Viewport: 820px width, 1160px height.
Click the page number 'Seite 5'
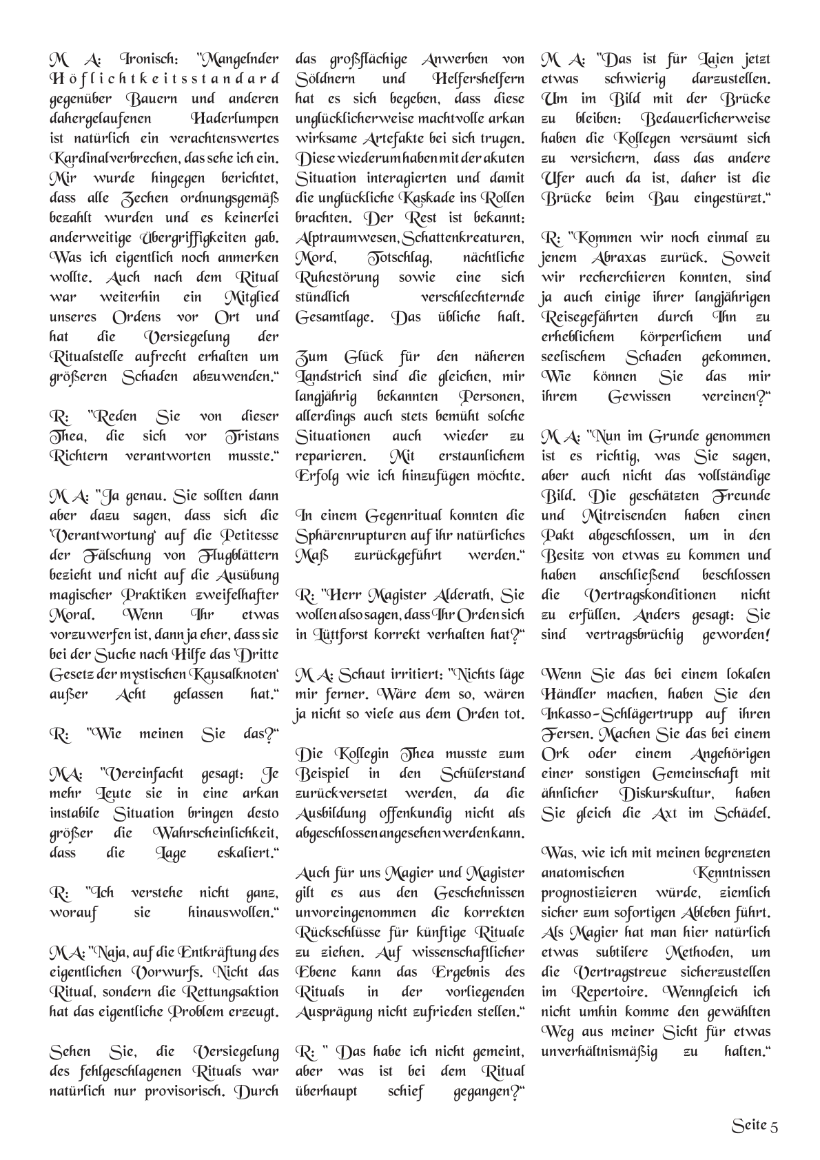(x=755, y=1126)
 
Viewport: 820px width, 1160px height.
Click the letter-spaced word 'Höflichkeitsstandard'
(x=165, y=79)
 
